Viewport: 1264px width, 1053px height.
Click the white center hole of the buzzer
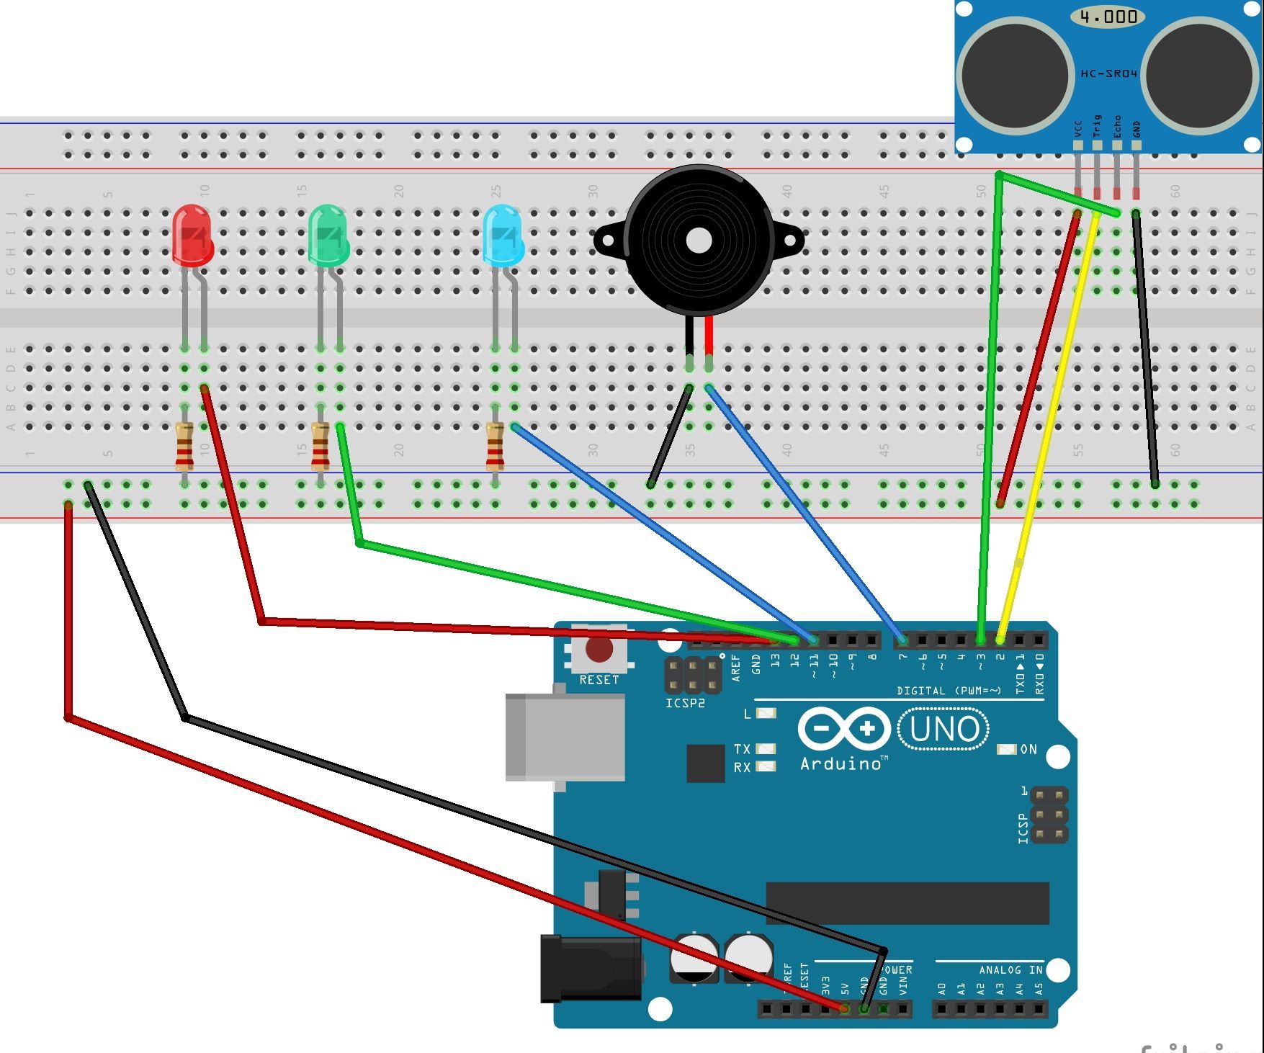click(x=698, y=241)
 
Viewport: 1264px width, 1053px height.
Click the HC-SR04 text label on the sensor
click(x=1108, y=73)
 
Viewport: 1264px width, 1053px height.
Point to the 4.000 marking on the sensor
click(x=1108, y=17)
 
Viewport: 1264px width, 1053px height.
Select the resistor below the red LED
click(x=184, y=447)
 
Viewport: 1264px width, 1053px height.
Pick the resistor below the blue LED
click(x=495, y=447)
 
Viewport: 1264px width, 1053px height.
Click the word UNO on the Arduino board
click(x=944, y=729)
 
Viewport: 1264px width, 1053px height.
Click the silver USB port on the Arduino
click(x=565, y=737)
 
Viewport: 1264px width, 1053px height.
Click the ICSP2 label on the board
click(x=685, y=703)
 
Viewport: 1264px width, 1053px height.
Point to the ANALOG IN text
click(x=1010, y=970)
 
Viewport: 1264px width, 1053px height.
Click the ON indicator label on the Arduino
click(x=1028, y=750)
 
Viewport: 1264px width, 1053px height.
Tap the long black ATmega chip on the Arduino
click(x=907, y=902)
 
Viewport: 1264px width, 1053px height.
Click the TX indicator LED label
click(x=742, y=749)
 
